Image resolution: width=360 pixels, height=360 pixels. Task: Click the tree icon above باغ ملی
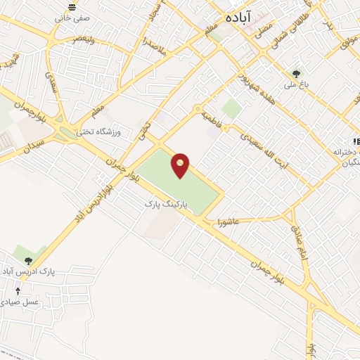(x=296, y=73)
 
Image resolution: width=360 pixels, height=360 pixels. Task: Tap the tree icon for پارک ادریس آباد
(x=28, y=260)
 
